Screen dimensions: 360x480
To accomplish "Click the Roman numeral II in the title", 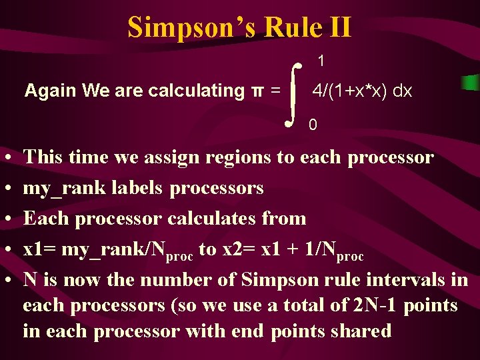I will pos(337,27).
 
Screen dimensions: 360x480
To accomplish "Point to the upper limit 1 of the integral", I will pos(321,61).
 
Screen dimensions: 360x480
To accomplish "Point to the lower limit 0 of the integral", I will pos(313,124).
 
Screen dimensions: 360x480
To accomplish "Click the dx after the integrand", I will pos(402,91).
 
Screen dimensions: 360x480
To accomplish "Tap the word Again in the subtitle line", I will pos(46,91).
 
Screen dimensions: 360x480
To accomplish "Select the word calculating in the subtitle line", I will pos(200,91).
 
